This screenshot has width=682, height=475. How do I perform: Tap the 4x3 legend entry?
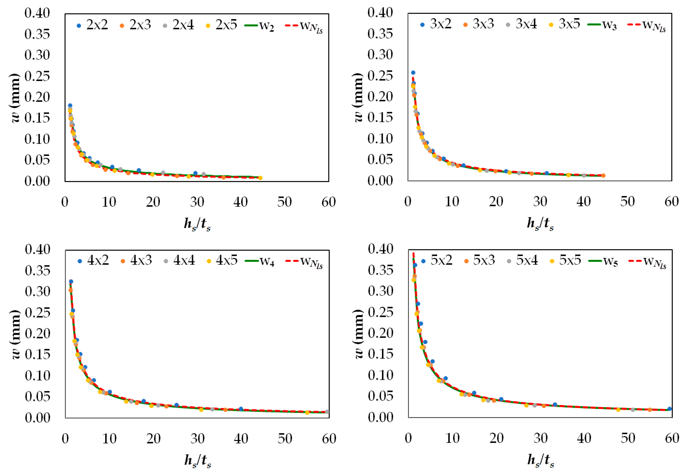tap(136, 261)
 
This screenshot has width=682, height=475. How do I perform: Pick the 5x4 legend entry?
tap(522, 260)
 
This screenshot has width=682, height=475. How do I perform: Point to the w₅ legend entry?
tap(603, 261)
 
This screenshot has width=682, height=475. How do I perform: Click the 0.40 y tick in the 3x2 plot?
tap(380, 13)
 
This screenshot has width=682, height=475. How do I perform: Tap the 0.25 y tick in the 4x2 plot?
tap(38, 313)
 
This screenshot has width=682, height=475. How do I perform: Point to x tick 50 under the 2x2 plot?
tap(284, 202)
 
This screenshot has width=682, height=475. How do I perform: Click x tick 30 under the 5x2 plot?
tap(540, 438)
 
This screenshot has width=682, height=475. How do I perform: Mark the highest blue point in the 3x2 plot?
tap(413, 73)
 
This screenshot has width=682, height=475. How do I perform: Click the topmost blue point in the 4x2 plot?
tap(71, 281)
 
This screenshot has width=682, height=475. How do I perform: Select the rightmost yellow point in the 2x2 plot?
tap(260, 178)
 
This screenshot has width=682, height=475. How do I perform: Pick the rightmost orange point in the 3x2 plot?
tap(603, 175)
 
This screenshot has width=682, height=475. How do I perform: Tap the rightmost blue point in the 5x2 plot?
tap(669, 409)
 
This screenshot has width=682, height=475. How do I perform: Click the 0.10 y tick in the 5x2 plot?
tap(380, 375)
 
